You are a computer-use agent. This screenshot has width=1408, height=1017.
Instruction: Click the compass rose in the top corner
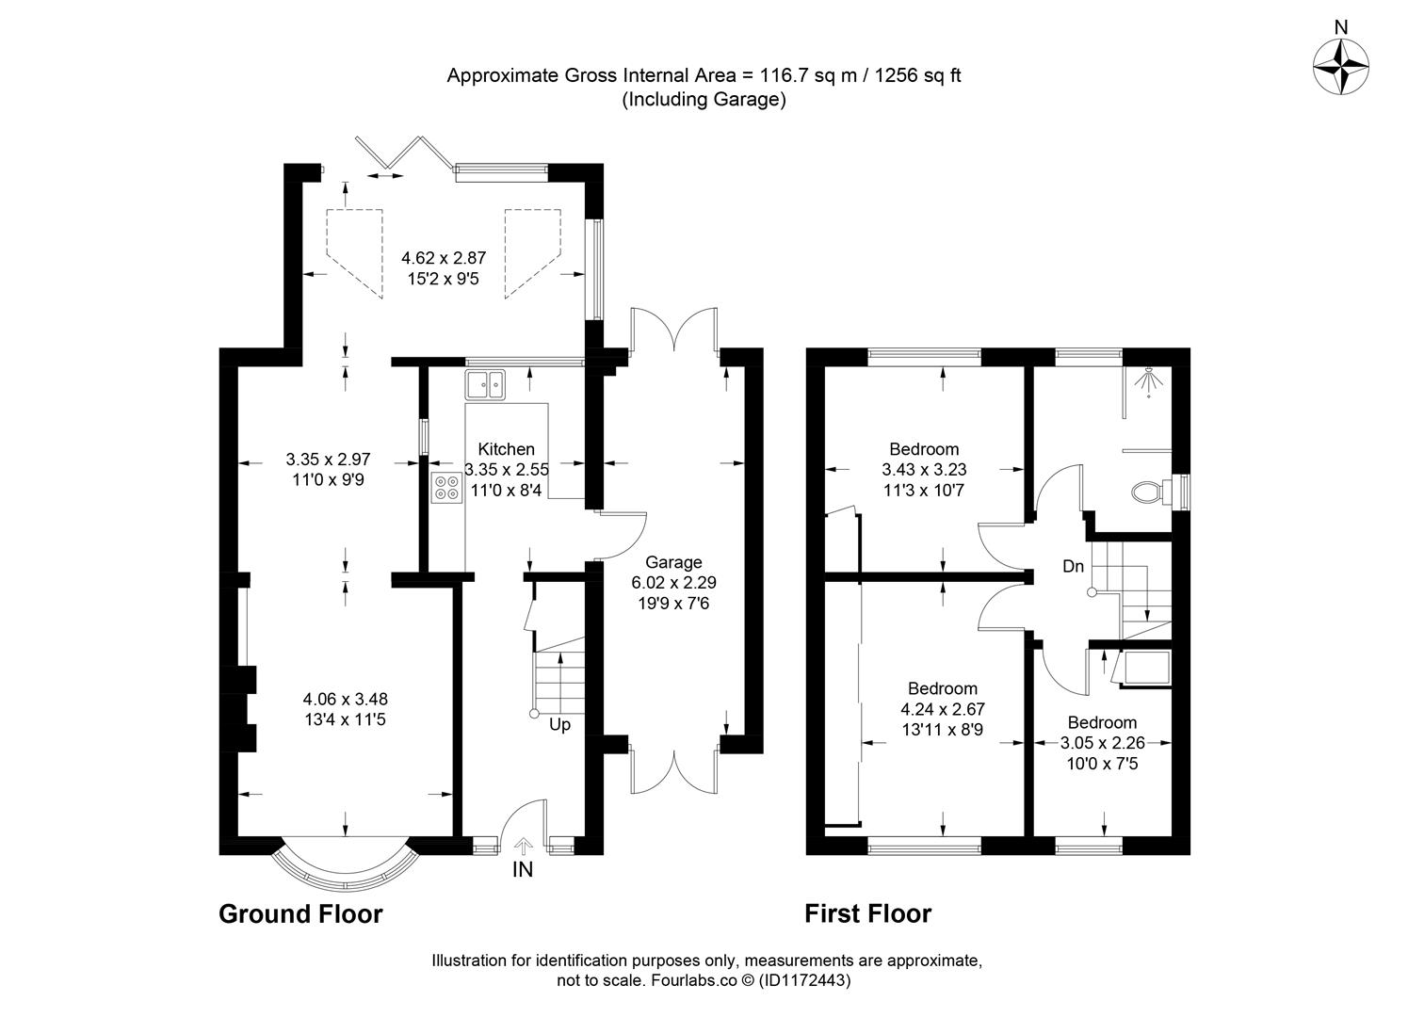click(1340, 69)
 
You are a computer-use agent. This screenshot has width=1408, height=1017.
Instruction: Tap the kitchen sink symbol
click(485, 384)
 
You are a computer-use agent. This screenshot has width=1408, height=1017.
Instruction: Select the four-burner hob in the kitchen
click(445, 487)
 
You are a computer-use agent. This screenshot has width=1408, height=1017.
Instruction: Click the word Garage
click(673, 562)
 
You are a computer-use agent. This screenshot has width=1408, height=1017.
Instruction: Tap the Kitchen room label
click(506, 449)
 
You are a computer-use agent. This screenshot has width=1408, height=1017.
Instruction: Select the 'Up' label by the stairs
click(559, 725)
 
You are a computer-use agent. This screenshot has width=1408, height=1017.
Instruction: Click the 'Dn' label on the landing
click(1073, 566)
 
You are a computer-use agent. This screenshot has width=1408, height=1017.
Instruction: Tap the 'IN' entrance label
click(522, 870)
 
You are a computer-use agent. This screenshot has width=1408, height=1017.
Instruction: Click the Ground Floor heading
click(300, 913)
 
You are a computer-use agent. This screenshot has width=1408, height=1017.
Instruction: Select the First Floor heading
click(867, 913)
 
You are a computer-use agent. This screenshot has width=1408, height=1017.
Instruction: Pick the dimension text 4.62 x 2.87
click(443, 257)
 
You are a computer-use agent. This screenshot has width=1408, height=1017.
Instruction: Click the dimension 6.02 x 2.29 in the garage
click(673, 582)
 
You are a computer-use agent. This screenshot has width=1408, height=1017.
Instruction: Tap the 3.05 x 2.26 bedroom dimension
click(1102, 743)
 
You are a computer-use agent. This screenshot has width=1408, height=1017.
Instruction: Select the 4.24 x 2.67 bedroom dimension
click(942, 709)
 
